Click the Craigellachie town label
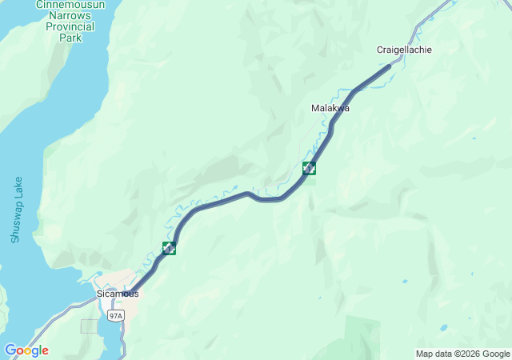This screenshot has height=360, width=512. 404,50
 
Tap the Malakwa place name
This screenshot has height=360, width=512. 330,108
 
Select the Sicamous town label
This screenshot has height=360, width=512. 118,294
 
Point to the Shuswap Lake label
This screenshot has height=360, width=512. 17,210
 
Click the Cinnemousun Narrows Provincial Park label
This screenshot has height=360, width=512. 70,21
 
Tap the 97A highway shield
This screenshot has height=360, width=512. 116,316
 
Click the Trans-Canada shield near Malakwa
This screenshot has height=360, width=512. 309,168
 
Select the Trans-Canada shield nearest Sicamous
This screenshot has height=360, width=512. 169,248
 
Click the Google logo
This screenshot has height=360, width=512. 26,350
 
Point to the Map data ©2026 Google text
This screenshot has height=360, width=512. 462,354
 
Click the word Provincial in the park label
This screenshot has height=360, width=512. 70,26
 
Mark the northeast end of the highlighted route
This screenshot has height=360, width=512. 390,66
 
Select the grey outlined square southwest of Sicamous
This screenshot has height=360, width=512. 89,326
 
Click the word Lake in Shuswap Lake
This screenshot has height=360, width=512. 17,189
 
